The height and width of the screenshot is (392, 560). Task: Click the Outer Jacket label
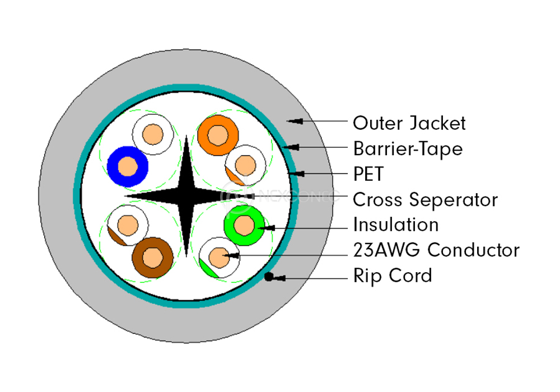coord(409,123)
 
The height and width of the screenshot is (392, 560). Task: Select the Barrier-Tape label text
coord(408,149)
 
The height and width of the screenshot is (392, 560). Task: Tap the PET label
coord(368,174)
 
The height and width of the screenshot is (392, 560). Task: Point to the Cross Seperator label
coord(425,199)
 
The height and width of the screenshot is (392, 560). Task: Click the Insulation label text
coord(395,225)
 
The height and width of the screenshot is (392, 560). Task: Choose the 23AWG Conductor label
coord(436,250)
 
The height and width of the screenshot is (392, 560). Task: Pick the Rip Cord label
coord(393,276)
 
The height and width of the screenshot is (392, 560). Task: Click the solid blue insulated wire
coord(128,166)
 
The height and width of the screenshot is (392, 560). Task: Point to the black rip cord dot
coord(269,277)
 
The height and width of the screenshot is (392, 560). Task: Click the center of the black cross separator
coord(187,197)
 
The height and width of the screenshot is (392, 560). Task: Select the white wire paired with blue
coord(152,134)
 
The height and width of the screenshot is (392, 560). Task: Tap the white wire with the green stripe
coord(219,257)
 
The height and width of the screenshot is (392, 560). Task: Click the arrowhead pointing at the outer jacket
coord(296,120)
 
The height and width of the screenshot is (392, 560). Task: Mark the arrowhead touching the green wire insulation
coord(268,228)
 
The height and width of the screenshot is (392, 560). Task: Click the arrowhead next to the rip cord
coord(279,277)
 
